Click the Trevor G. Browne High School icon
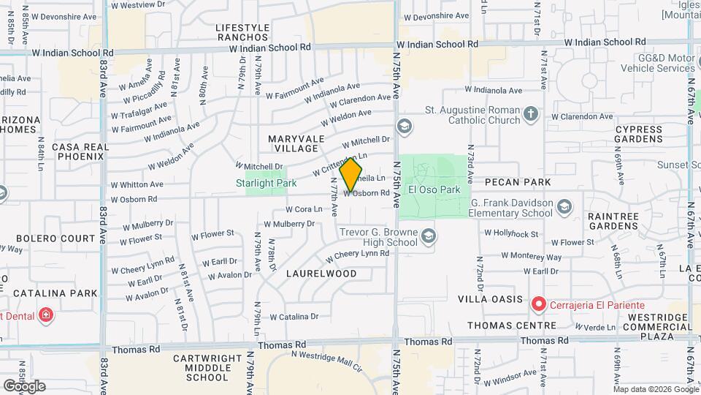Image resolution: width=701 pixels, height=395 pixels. click(429, 236)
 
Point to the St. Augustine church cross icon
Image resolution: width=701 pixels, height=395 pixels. click(531, 113)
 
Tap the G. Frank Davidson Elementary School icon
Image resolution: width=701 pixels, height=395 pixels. click(564, 208)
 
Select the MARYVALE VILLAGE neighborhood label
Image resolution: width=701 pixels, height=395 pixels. click(294, 143)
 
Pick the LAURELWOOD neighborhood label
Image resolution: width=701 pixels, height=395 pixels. click(321, 274)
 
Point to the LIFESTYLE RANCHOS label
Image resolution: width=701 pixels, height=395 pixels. click(242, 32)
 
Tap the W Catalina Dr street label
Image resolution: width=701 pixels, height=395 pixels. click(294, 317)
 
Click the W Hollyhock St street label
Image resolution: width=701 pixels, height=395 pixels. click(511, 233)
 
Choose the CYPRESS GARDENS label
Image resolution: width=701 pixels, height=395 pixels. click(638, 134)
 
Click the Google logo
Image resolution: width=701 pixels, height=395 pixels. click(24, 385)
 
